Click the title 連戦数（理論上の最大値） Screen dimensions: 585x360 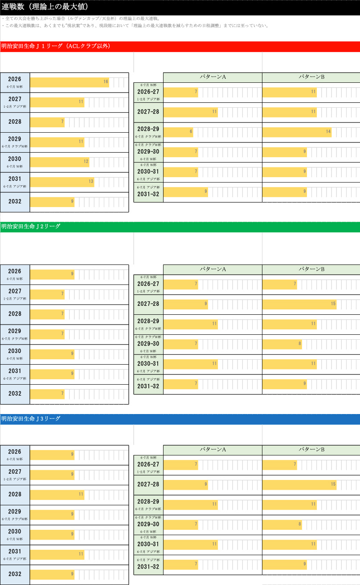point(45,7)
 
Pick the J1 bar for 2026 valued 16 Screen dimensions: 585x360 point(70,82)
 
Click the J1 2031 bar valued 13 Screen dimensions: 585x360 point(62,182)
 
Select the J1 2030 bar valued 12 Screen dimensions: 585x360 point(60,162)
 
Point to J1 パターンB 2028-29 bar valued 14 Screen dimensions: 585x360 point(297,132)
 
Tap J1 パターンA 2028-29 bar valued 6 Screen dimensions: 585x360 point(178,132)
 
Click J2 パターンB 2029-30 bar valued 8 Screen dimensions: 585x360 point(282,344)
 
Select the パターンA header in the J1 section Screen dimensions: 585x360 point(213,77)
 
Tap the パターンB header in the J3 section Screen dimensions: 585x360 point(311,450)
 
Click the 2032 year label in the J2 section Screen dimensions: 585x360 point(15,394)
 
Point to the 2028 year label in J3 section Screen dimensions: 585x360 point(15,495)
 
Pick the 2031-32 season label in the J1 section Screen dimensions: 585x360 point(148,194)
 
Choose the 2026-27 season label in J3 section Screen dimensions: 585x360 point(148,464)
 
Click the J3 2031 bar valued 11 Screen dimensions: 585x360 point(57,554)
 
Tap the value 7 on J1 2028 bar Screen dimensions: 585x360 point(62,122)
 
